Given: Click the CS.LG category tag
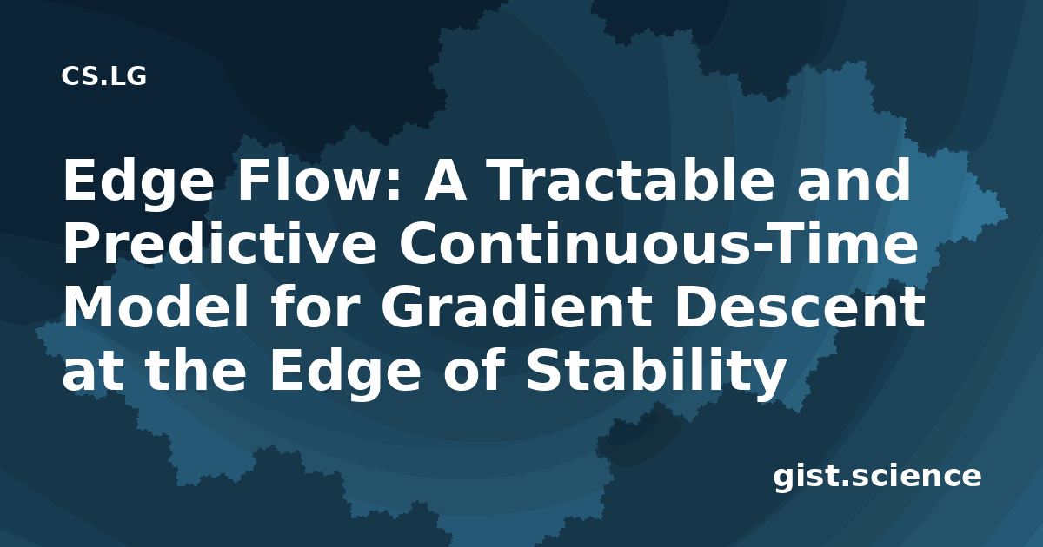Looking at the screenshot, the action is (x=103, y=76).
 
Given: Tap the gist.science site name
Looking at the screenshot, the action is (x=877, y=478).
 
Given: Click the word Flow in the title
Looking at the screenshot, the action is (x=312, y=180).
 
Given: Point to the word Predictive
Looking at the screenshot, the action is (x=219, y=243).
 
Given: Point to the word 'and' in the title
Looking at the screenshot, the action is (x=854, y=180).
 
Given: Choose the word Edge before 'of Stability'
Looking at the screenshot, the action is (x=345, y=372).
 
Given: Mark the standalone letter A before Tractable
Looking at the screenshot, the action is (x=444, y=180).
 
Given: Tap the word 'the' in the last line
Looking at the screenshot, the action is (x=196, y=370).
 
